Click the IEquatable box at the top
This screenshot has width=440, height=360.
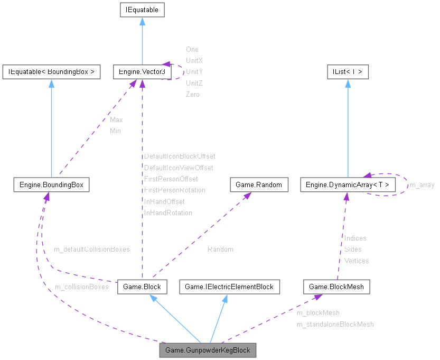tap(142, 10)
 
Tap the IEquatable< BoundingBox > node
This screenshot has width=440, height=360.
tap(51, 71)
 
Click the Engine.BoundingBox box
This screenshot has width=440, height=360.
tap(51, 184)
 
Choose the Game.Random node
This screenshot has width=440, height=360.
tap(259, 184)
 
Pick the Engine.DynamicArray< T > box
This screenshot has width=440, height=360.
tap(347, 184)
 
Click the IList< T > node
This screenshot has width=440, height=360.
tap(347, 71)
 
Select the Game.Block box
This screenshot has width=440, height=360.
tap(142, 287)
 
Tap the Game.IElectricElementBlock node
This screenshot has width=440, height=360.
tap(229, 287)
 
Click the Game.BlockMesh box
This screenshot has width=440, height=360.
tap(336, 287)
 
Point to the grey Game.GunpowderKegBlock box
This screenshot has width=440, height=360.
tap(208, 350)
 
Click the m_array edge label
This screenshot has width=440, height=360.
tap(422, 185)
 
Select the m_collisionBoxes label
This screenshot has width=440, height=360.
tap(81, 287)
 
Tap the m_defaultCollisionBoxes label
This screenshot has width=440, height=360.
tap(91, 248)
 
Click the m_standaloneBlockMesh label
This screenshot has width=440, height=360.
tap(335, 324)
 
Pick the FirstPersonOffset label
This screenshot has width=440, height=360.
tap(171, 179)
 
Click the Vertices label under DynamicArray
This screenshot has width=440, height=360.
tap(357, 261)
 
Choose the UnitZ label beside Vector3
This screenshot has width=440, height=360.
tap(194, 83)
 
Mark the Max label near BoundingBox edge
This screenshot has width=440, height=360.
tap(116, 119)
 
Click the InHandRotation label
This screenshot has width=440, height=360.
tap(168, 213)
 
